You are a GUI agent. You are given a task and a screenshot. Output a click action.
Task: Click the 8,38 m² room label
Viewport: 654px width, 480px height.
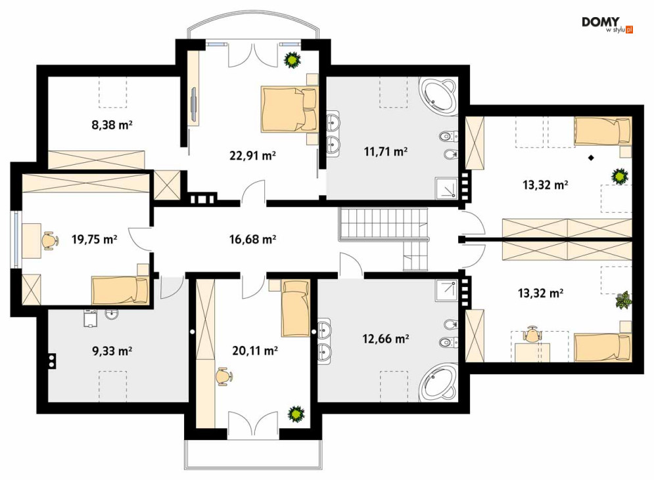112,124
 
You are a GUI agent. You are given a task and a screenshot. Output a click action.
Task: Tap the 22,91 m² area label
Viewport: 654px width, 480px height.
253,156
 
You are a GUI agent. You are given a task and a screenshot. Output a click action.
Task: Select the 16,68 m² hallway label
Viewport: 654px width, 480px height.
253,239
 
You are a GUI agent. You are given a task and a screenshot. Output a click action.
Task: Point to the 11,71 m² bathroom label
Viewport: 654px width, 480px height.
385,151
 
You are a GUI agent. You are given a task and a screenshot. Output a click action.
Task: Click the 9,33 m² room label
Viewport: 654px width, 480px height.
112,351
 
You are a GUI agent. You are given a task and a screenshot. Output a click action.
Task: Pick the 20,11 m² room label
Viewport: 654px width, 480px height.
255,351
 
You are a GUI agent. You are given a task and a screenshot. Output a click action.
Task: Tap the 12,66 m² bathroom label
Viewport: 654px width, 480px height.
385,339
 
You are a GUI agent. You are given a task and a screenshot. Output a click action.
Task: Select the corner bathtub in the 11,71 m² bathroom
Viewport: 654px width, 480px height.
439,95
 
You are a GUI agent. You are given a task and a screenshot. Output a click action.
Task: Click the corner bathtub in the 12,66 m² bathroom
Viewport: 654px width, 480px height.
439,383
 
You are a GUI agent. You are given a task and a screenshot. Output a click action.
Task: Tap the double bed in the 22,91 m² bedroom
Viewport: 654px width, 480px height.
289,109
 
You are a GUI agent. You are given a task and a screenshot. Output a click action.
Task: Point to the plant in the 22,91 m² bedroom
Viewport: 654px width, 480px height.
292,60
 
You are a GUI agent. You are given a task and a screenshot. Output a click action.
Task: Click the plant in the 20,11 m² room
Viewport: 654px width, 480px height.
296,414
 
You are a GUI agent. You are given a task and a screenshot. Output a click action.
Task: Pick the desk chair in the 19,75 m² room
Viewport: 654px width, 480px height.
49,241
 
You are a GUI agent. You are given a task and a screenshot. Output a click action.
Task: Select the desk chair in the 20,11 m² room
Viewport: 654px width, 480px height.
224,377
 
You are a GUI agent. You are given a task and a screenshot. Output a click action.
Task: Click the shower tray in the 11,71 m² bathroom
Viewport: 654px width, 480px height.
446,188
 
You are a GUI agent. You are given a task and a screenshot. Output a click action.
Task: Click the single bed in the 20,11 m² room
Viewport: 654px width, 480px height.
296,309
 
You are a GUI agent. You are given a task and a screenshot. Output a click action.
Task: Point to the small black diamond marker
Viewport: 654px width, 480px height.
591,158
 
